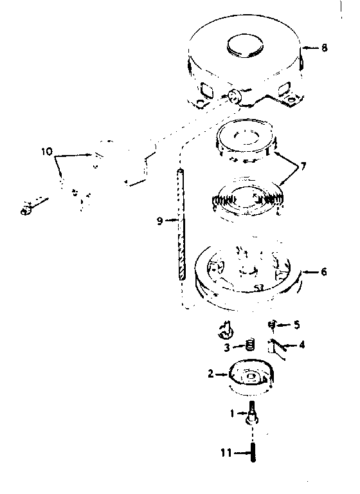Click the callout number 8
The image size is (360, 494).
324,48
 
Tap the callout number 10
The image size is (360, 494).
47,152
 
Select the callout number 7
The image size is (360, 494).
303,166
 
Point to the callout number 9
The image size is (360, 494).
160,221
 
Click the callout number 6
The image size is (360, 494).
324,271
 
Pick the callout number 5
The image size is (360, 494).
297,325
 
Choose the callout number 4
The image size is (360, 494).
301,345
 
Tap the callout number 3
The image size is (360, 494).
227,348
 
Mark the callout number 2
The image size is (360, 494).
211,374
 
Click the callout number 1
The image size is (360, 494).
233,413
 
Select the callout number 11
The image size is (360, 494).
226,453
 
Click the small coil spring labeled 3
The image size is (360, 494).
250,345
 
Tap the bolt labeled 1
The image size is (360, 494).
252,413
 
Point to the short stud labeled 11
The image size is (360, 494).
253,453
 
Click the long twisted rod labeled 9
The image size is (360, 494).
181,224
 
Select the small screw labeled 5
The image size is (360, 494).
271,324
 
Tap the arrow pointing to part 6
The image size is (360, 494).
310,271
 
